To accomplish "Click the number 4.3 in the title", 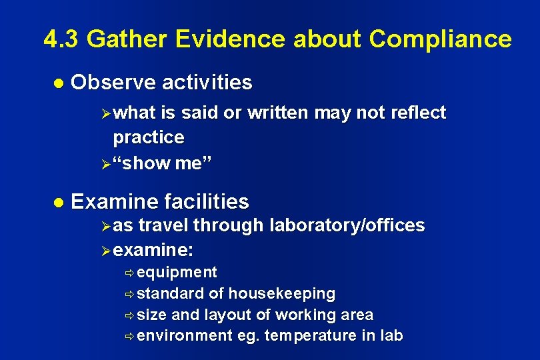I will click(x=61, y=39).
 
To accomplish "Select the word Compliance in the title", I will click(x=441, y=40).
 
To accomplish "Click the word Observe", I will click(x=113, y=83).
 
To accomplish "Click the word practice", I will click(x=149, y=137).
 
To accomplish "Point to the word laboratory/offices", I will click(x=347, y=226).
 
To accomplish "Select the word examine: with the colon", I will click(x=154, y=251).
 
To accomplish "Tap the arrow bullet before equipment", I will click(x=129, y=273).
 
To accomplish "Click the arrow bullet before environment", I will click(x=129, y=336).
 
